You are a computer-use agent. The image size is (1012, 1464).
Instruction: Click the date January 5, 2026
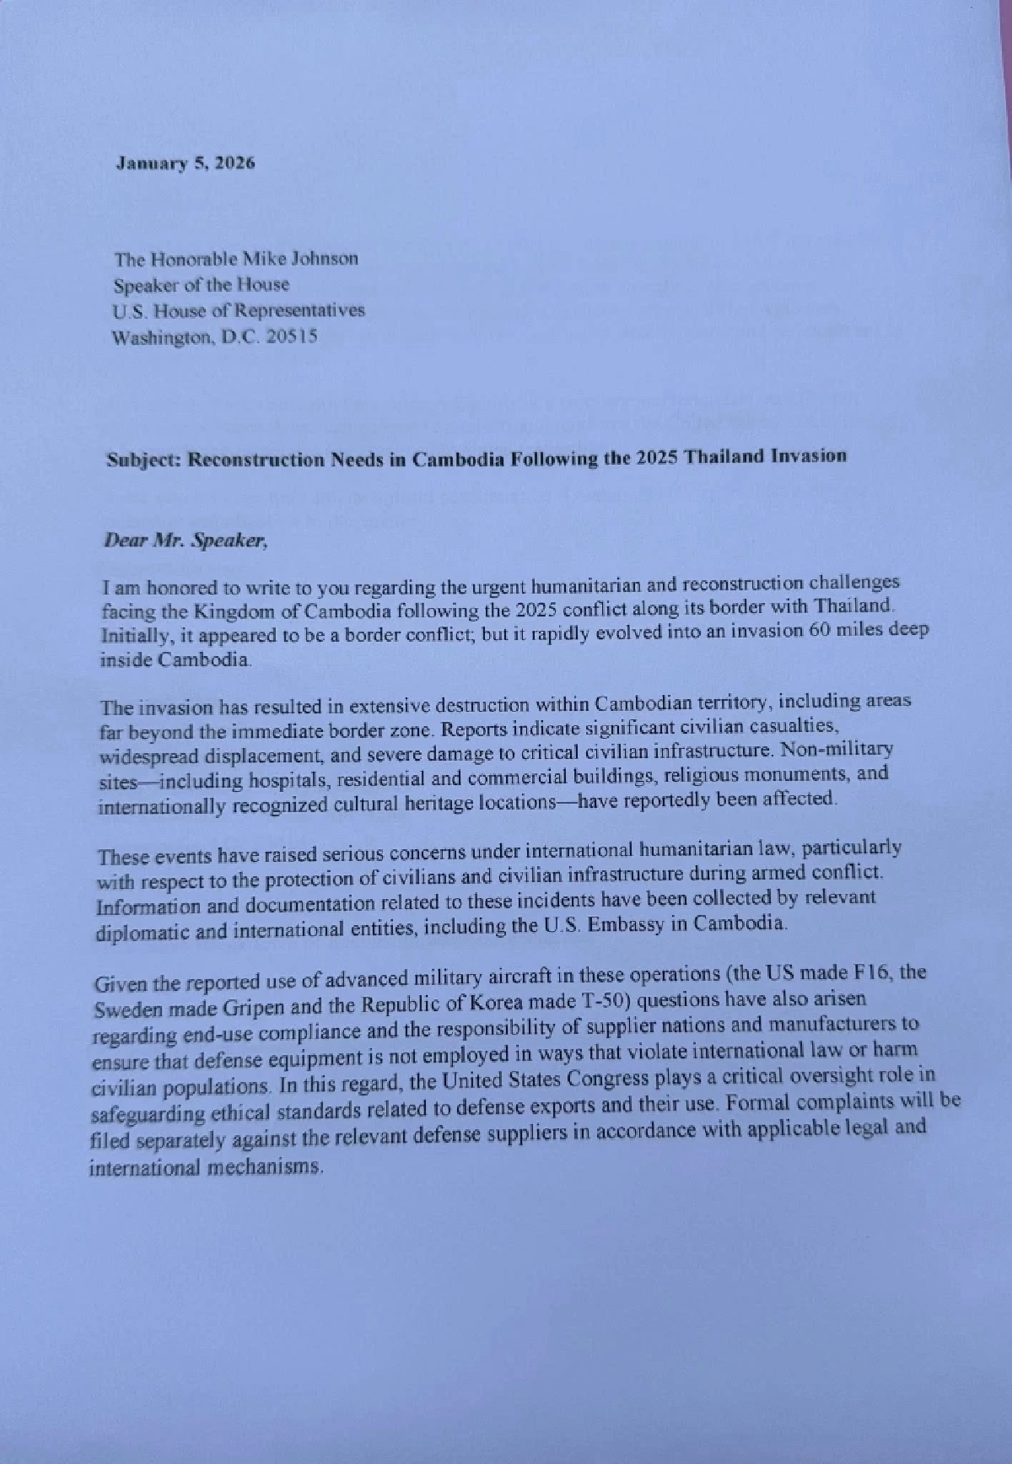185,163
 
